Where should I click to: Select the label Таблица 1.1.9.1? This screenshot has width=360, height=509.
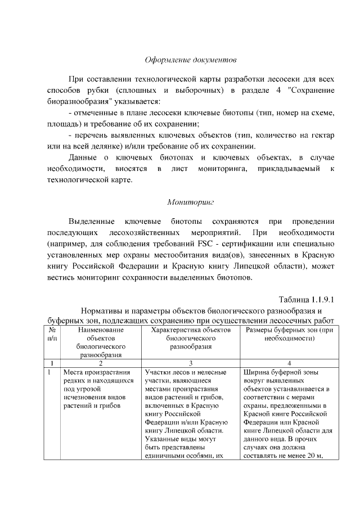pyautogui.click(x=308, y=299)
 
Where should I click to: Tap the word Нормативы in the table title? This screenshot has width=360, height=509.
pyautogui.click(x=103, y=310)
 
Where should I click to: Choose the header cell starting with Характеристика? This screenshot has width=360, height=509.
pyautogui.click(x=191, y=337)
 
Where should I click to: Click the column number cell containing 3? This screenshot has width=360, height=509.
pyautogui.click(x=191, y=363)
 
